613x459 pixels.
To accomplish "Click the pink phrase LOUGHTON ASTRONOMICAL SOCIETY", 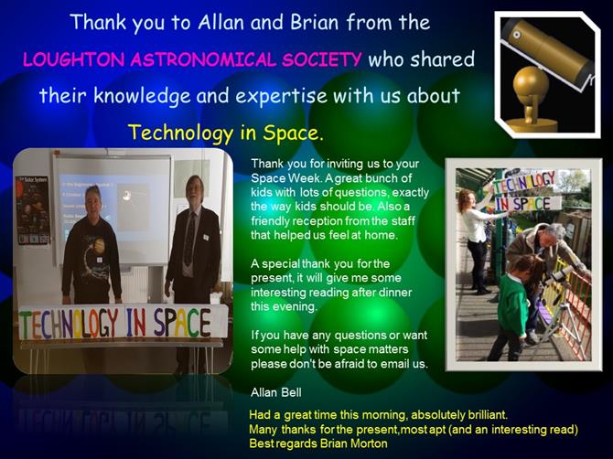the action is click(x=192, y=59).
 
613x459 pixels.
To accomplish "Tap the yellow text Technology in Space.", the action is click(x=226, y=133).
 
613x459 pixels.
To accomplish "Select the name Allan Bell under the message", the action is click(x=276, y=392).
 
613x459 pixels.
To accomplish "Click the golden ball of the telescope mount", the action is click(x=531, y=83).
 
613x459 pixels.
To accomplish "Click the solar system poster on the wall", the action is click(x=33, y=210).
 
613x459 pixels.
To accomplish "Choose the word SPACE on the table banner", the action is click(x=182, y=323).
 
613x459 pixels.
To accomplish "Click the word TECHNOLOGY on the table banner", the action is click(x=69, y=324).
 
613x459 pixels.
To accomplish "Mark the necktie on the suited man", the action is click(x=189, y=239).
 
